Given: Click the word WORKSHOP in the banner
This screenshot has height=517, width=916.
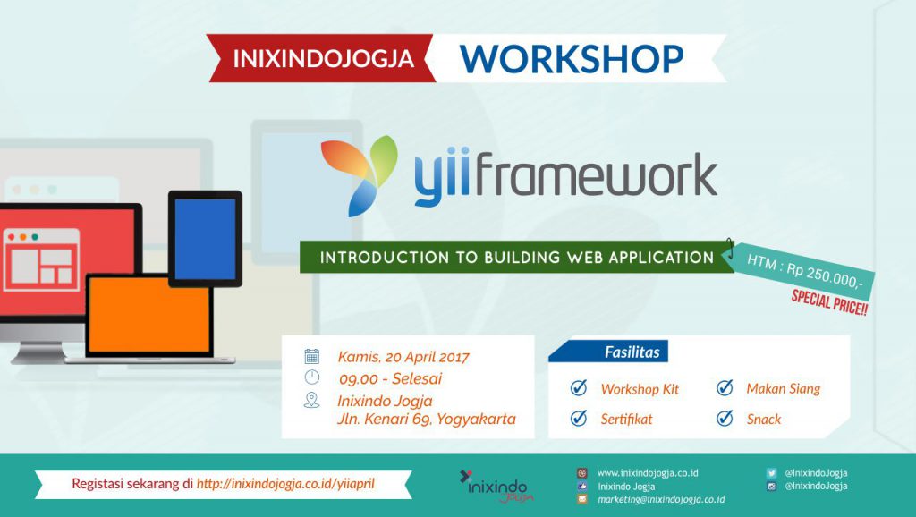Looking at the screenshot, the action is click(x=572, y=58).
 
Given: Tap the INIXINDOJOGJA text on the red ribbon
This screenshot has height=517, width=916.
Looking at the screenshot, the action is click(x=324, y=58).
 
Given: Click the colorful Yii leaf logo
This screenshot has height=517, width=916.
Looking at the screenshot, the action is click(x=358, y=174).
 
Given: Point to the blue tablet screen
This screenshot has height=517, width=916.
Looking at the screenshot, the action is click(x=205, y=238).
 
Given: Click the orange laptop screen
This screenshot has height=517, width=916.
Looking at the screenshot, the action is click(x=149, y=314).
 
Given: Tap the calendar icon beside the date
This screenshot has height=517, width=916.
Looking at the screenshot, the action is click(x=312, y=356).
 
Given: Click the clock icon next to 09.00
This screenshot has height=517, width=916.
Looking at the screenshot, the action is click(x=312, y=377).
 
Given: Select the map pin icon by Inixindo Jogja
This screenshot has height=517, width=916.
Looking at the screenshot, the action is click(x=312, y=400).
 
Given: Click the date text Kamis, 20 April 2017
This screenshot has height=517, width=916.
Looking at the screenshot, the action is click(x=403, y=357).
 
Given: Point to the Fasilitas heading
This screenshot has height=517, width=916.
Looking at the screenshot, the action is click(x=632, y=352).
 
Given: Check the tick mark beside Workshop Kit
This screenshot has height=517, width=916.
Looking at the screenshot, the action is click(x=579, y=387).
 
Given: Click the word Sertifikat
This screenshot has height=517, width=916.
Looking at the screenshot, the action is click(x=626, y=419).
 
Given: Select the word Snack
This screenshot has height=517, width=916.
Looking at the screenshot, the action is click(x=764, y=419).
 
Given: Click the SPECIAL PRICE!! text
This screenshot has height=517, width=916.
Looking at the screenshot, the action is click(x=829, y=302).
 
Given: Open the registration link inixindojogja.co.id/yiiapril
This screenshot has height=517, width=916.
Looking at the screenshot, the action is click(x=285, y=484).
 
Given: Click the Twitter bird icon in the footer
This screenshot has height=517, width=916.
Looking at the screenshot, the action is click(x=771, y=473).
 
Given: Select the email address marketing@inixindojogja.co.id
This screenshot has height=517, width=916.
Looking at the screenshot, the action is click(x=661, y=499).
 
